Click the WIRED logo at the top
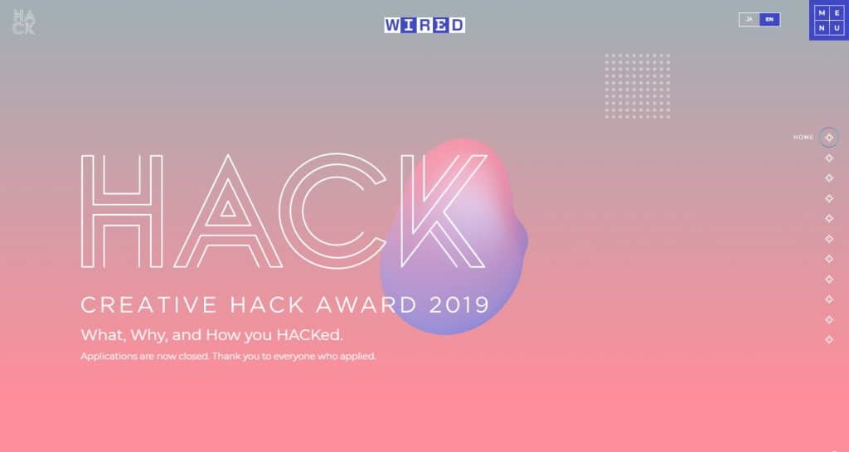click(424, 25)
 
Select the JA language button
click(750, 19)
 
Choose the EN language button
click(769, 19)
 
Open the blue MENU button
click(829, 20)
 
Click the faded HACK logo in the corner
click(24, 22)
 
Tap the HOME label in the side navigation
click(803, 138)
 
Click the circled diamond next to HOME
click(829, 138)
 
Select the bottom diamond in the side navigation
click(829, 339)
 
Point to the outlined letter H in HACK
click(86, 211)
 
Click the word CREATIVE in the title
click(149, 304)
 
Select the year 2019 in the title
click(459, 304)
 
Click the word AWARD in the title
click(366, 304)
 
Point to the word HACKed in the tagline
click(310, 334)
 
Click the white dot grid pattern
click(638, 85)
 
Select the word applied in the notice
click(358, 357)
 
